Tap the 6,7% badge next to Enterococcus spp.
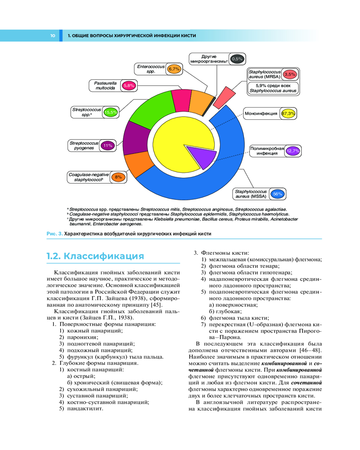pyautogui.click(x=174, y=69)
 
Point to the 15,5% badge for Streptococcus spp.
pyautogui.click(x=110, y=112)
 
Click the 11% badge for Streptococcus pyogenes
pyautogui.click(x=107, y=145)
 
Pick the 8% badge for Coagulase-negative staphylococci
pyautogui.click(x=118, y=177)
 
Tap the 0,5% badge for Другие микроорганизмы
pyautogui.click(x=237, y=58)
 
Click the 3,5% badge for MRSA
pyautogui.click(x=290, y=74)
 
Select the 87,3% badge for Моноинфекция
pyautogui.click(x=288, y=113)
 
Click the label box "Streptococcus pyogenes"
pyautogui.click(x=84, y=145)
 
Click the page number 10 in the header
pyautogui.click(x=53, y=35)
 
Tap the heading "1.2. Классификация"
pyautogui.click(x=95, y=256)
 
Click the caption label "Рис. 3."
pyautogui.click(x=54, y=234)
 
